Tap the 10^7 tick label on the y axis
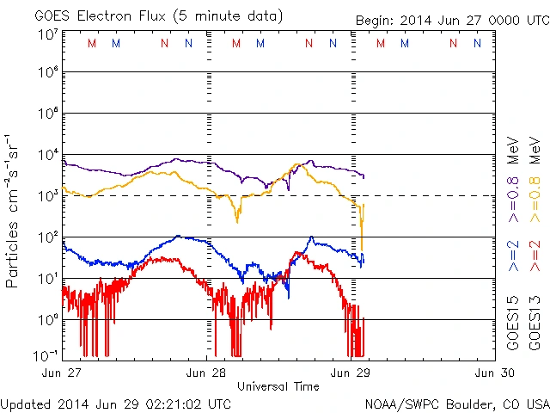46,34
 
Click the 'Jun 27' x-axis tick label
61,373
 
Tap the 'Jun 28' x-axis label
206,373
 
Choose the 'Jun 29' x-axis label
351,373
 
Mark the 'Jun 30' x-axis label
496,373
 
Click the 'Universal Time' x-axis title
278,386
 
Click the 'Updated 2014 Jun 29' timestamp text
116,403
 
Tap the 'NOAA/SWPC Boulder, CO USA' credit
456,403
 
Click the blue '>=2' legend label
513,256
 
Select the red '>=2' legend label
535,256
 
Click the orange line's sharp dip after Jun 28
237,221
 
